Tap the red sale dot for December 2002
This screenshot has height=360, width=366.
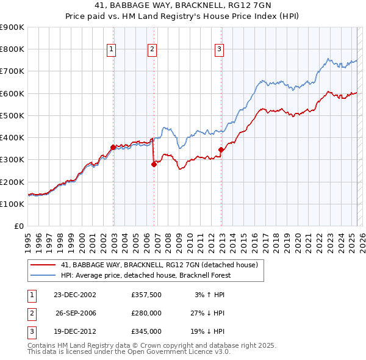(113, 147)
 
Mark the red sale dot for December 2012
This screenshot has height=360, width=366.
(221, 149)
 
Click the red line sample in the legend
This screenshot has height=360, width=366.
(43, 265)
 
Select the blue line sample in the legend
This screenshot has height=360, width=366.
(43, 275)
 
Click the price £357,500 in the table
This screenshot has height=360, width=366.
(146, 295)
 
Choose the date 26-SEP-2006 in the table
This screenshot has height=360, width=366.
(76, 313)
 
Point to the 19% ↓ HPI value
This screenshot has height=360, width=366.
(207, 331)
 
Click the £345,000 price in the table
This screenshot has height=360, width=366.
(146, 331)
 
